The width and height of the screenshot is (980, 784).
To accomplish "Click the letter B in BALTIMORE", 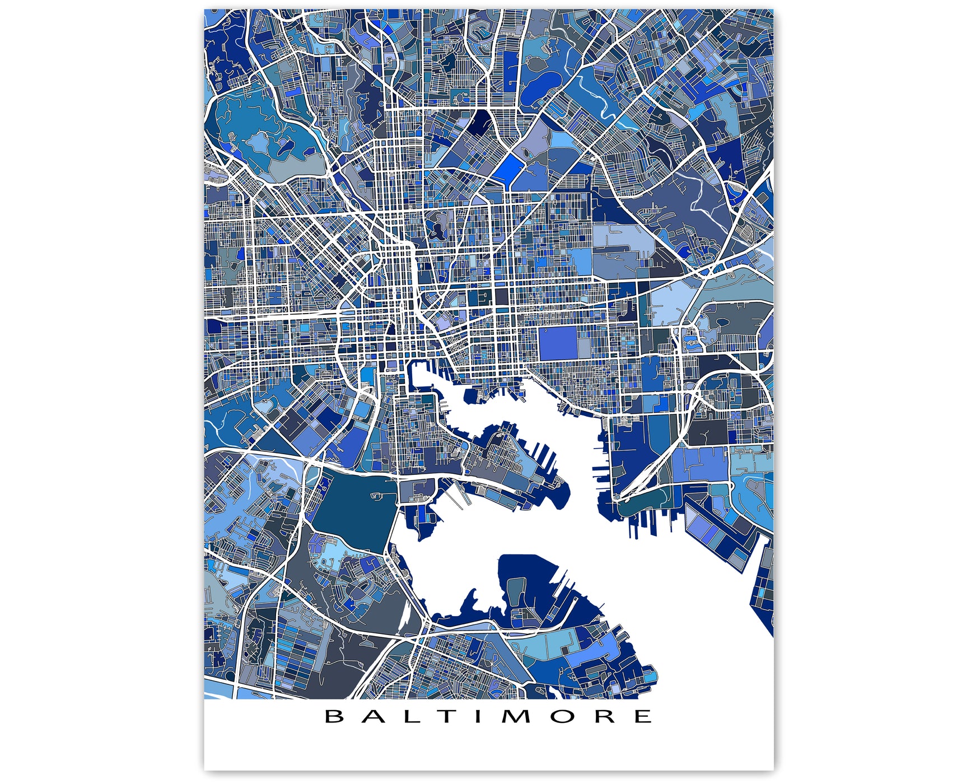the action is click(x=334, y=716).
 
